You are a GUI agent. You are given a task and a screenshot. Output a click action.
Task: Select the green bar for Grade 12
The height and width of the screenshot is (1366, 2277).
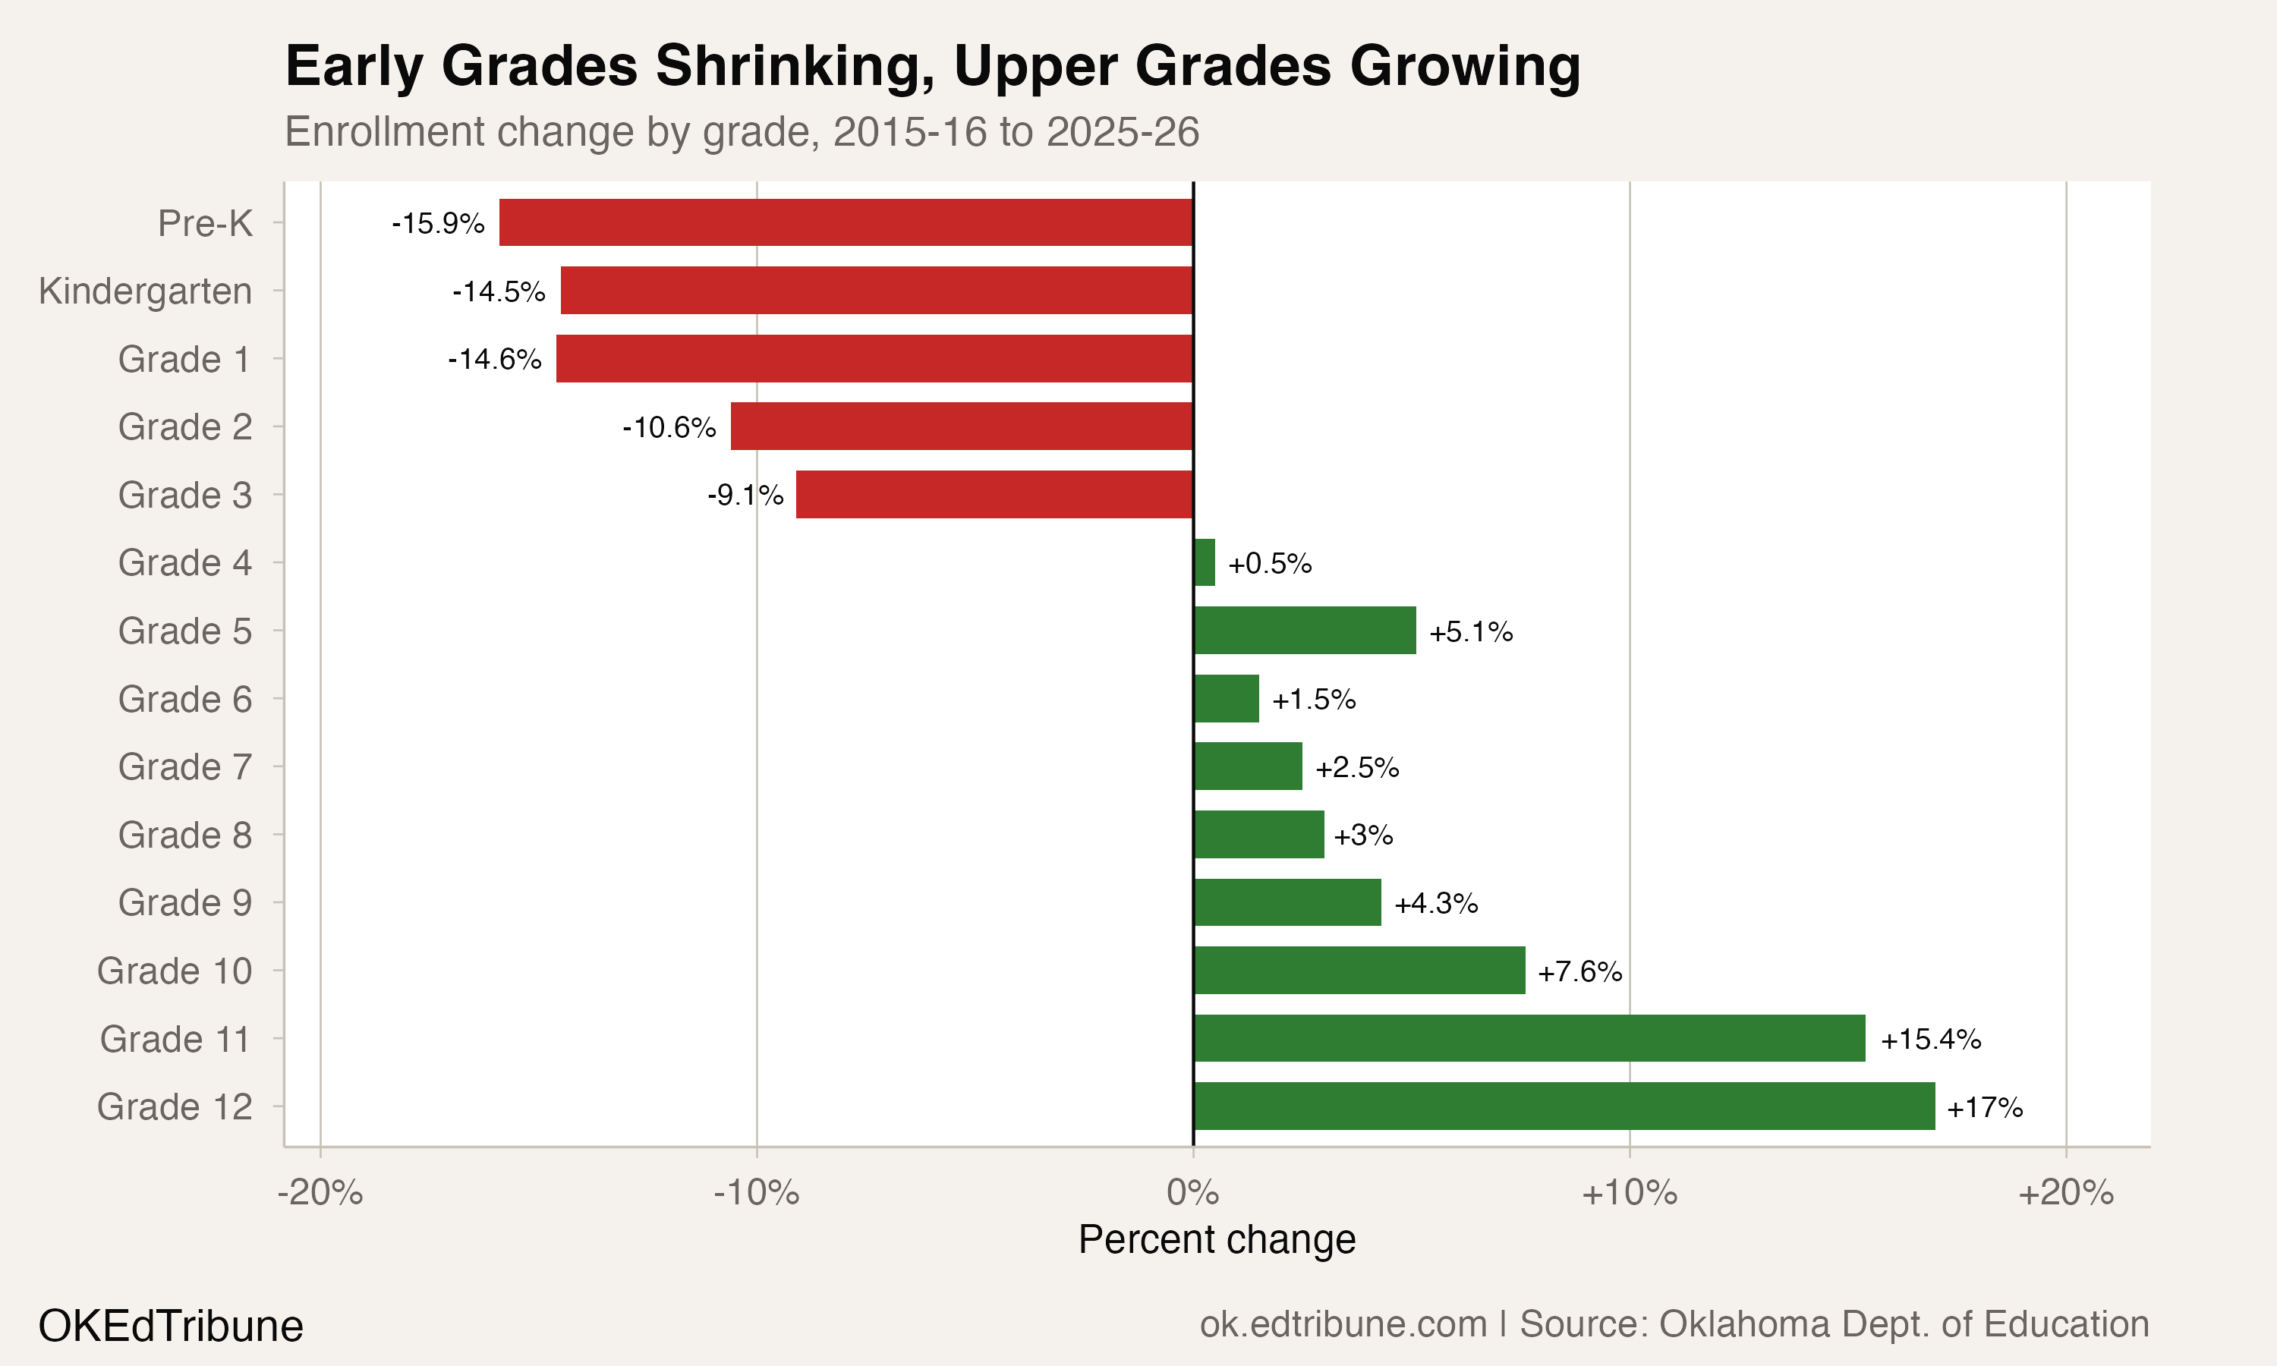tap(1564, 1106)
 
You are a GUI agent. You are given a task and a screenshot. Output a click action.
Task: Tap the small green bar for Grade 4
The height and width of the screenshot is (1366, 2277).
tap(1204, 562)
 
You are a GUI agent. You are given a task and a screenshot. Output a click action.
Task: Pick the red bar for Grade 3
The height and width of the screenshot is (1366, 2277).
tap(994, 494)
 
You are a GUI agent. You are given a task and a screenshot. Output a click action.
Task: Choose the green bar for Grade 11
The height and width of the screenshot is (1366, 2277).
tap(1529, 1038)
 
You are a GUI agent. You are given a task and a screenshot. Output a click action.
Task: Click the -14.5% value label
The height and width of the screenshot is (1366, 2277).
tap(499, 292)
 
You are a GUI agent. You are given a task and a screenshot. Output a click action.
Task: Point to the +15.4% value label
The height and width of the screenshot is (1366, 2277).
tap(1930, 1039)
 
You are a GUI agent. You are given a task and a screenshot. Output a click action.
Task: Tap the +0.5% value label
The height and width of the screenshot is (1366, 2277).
tap(1269, 563)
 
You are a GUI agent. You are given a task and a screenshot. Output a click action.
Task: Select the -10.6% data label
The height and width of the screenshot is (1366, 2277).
tap(669, 427)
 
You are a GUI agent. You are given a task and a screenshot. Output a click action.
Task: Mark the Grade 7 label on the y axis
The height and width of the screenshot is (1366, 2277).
tap(184, 766)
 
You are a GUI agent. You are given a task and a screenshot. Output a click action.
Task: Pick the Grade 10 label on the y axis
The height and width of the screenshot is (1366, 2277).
tap(174, 971)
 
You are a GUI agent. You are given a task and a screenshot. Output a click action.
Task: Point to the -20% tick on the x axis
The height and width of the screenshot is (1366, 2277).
tap(320, 1193)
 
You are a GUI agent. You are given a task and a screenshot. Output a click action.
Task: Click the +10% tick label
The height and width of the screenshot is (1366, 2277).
tap(1629, 1193)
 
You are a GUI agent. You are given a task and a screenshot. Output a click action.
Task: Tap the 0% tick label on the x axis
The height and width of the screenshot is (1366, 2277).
tap(1193, 1193)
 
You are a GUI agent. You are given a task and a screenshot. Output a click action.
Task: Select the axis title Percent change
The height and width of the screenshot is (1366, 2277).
tap(1217, 1240)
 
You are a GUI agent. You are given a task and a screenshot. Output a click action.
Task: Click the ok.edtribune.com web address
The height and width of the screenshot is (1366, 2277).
tap(1343, 1324)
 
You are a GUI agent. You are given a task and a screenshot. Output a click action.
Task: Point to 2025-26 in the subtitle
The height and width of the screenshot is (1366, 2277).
tap(1122, 131)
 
